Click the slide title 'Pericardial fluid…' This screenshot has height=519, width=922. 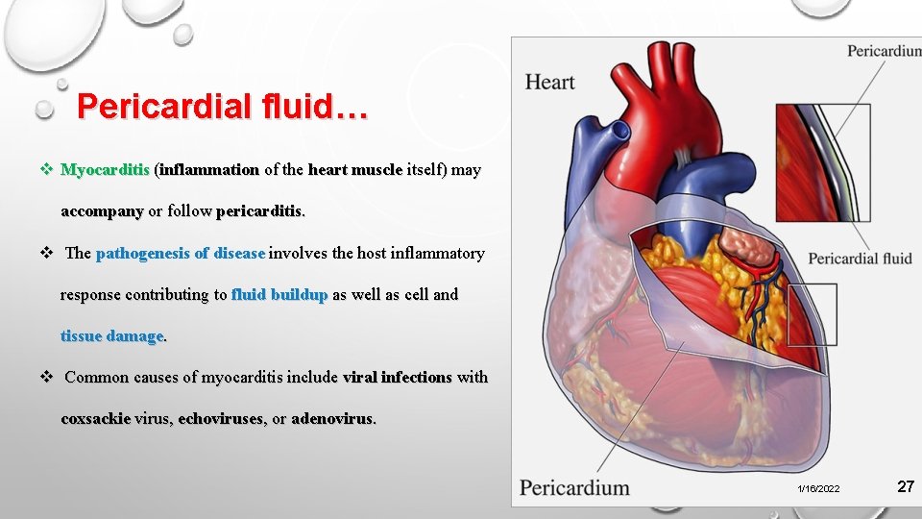(x=222, y=106)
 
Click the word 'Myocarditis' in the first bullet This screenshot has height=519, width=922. (x=105, y=170)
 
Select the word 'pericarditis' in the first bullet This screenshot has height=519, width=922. (x=260, y=210)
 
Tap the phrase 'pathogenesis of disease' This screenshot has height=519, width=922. (x=181, y=254)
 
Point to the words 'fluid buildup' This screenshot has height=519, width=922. (x=279, y=294)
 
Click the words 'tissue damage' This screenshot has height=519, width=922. (x=112, y=335)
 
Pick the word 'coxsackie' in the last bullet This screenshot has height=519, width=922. (x=96, y=419)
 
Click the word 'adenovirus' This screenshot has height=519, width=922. (x=332, y=419)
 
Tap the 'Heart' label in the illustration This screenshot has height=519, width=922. (x=549, y=83)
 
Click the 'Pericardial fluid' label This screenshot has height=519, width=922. (x=860, y=259)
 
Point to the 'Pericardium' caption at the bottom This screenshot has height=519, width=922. (x=574, y=488)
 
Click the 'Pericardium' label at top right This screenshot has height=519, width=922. (x=884, y=51)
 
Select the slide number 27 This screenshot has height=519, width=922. (x=905, y=487)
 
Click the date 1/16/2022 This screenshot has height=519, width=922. (x=818, y=489)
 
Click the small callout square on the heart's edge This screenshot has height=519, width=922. (x=812, y=314)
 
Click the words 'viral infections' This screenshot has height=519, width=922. (x=397, y=378)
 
